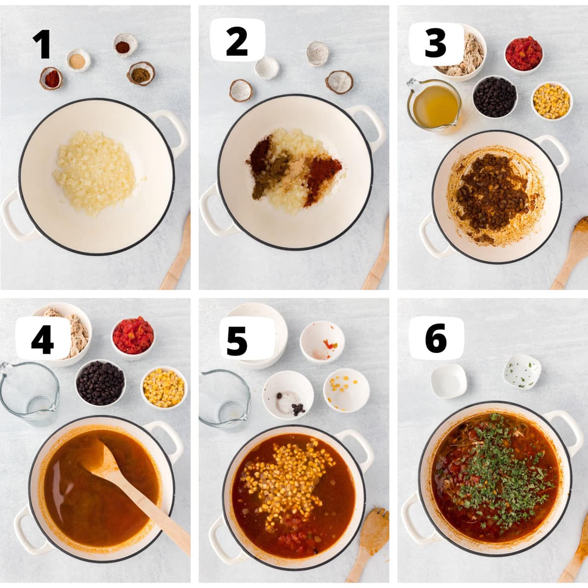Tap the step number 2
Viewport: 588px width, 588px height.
(237, 42)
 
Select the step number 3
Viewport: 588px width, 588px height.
(435, 43)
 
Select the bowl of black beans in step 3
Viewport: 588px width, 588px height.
(494, 97)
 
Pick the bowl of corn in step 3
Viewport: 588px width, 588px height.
(552, 101)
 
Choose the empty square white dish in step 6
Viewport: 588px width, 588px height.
(449, 381)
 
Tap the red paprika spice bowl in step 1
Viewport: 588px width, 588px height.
(51, 78)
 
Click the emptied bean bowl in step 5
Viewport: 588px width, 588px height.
(288, 395)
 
